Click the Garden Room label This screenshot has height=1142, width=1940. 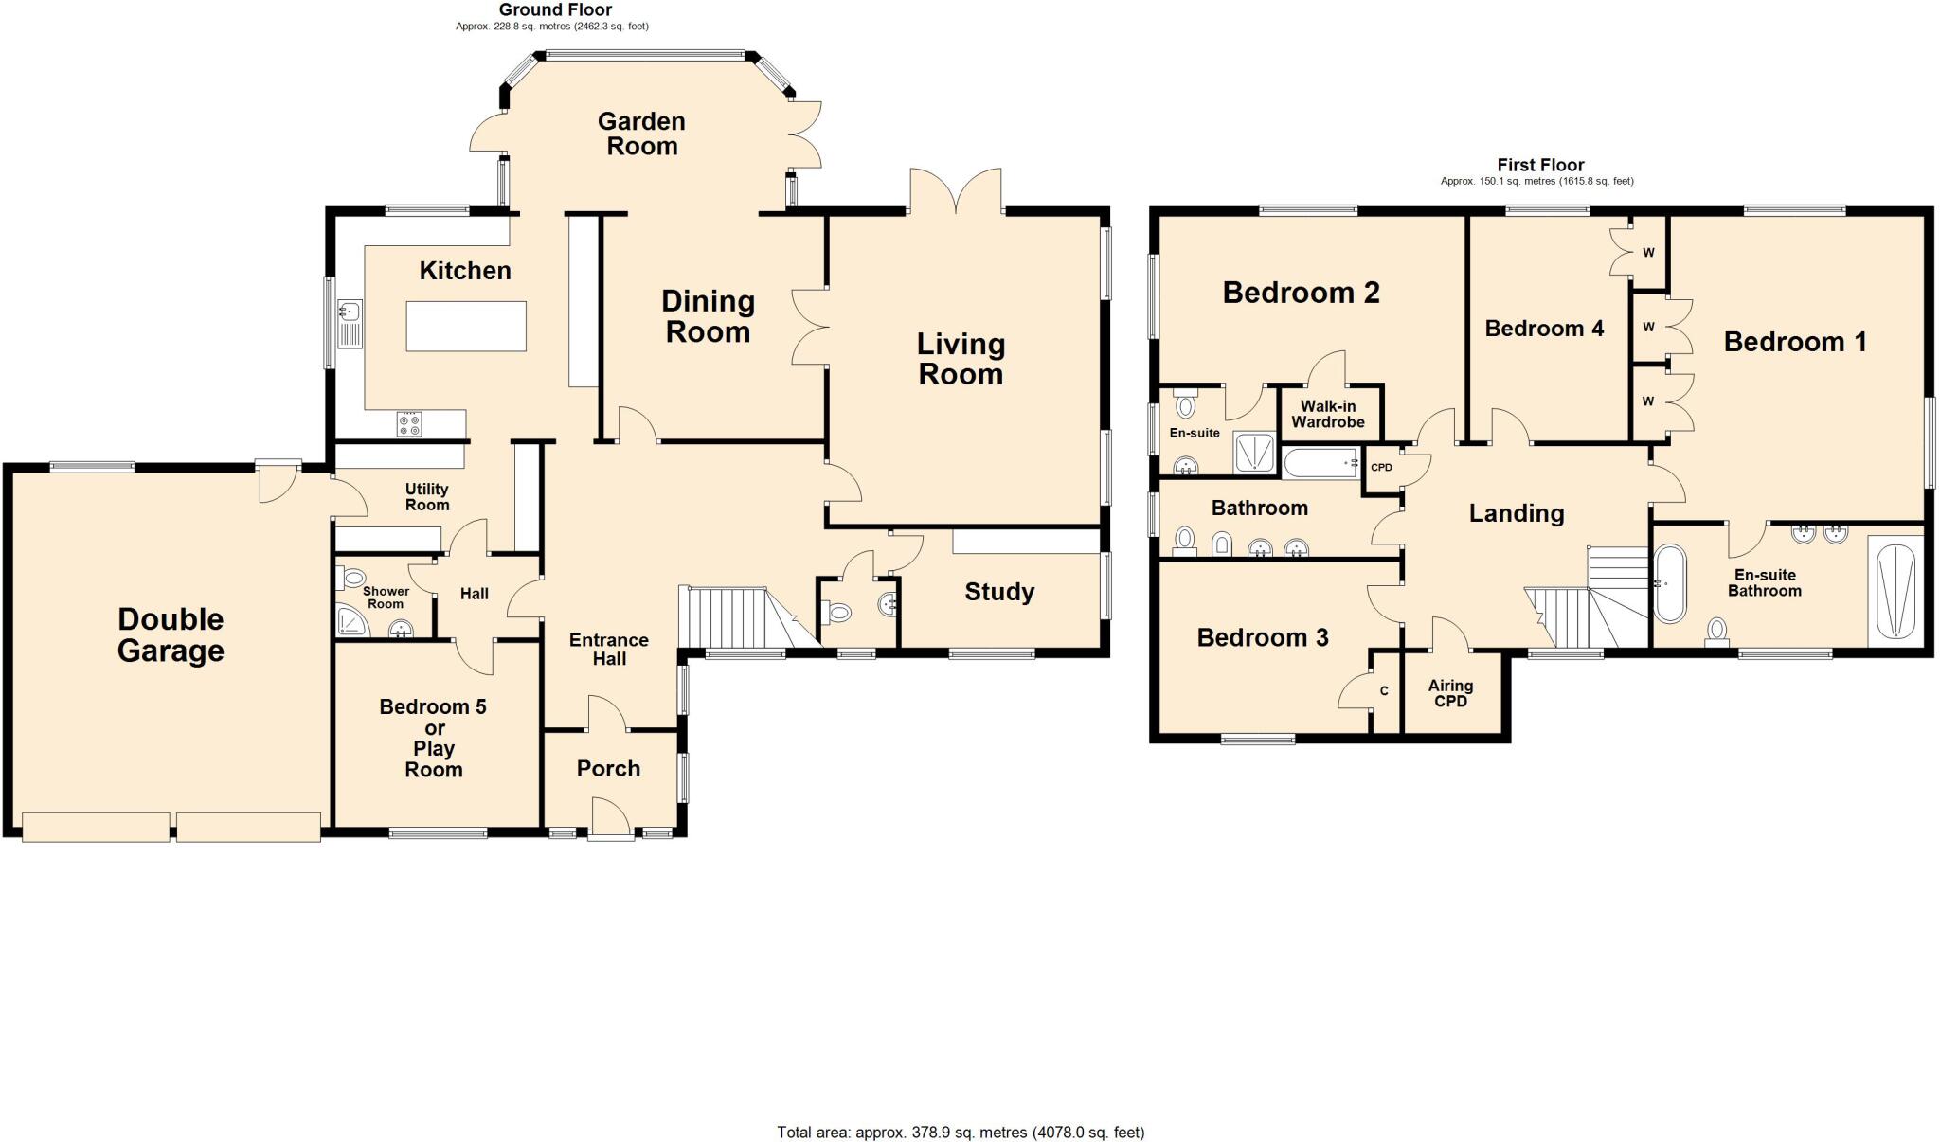coord(641,134)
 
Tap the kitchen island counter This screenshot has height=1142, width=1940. coord(466,326)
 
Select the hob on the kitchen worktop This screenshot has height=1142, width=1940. coord(409,423)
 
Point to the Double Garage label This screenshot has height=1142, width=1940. coord(171,634)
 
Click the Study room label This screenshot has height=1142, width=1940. coord(998,592)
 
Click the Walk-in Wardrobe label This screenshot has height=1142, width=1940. coord(1328,414)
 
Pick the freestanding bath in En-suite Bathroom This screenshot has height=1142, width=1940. coord(1670,583)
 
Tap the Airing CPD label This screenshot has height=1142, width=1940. coord(1450,692)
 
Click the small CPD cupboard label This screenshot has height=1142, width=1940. coord(1381,467)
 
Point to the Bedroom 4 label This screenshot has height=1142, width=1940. coord(1544,329)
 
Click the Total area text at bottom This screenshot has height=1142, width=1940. coord(961,1132)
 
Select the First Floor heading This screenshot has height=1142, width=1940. coord(1540,165)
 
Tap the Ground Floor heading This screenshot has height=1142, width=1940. coord(555,9)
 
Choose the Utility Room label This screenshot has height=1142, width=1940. coord(426,496)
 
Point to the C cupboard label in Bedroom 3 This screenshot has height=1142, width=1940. coord(1384,691)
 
